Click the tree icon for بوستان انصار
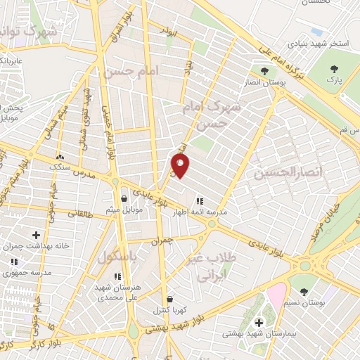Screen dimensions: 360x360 pyautogui.click(x=264, y=71)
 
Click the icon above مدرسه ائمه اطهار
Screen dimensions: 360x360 pyautogui.click(x=200, y=200)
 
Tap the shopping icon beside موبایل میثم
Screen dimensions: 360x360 pyautogui.click(x=124, y=198)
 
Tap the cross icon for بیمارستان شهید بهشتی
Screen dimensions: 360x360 pyautogui.click(x=259, y=323)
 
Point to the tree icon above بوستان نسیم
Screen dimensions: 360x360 pyautogui.click(x=304, y=290)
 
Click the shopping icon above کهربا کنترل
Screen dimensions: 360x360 pyautogui.click(x=169, y=298)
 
